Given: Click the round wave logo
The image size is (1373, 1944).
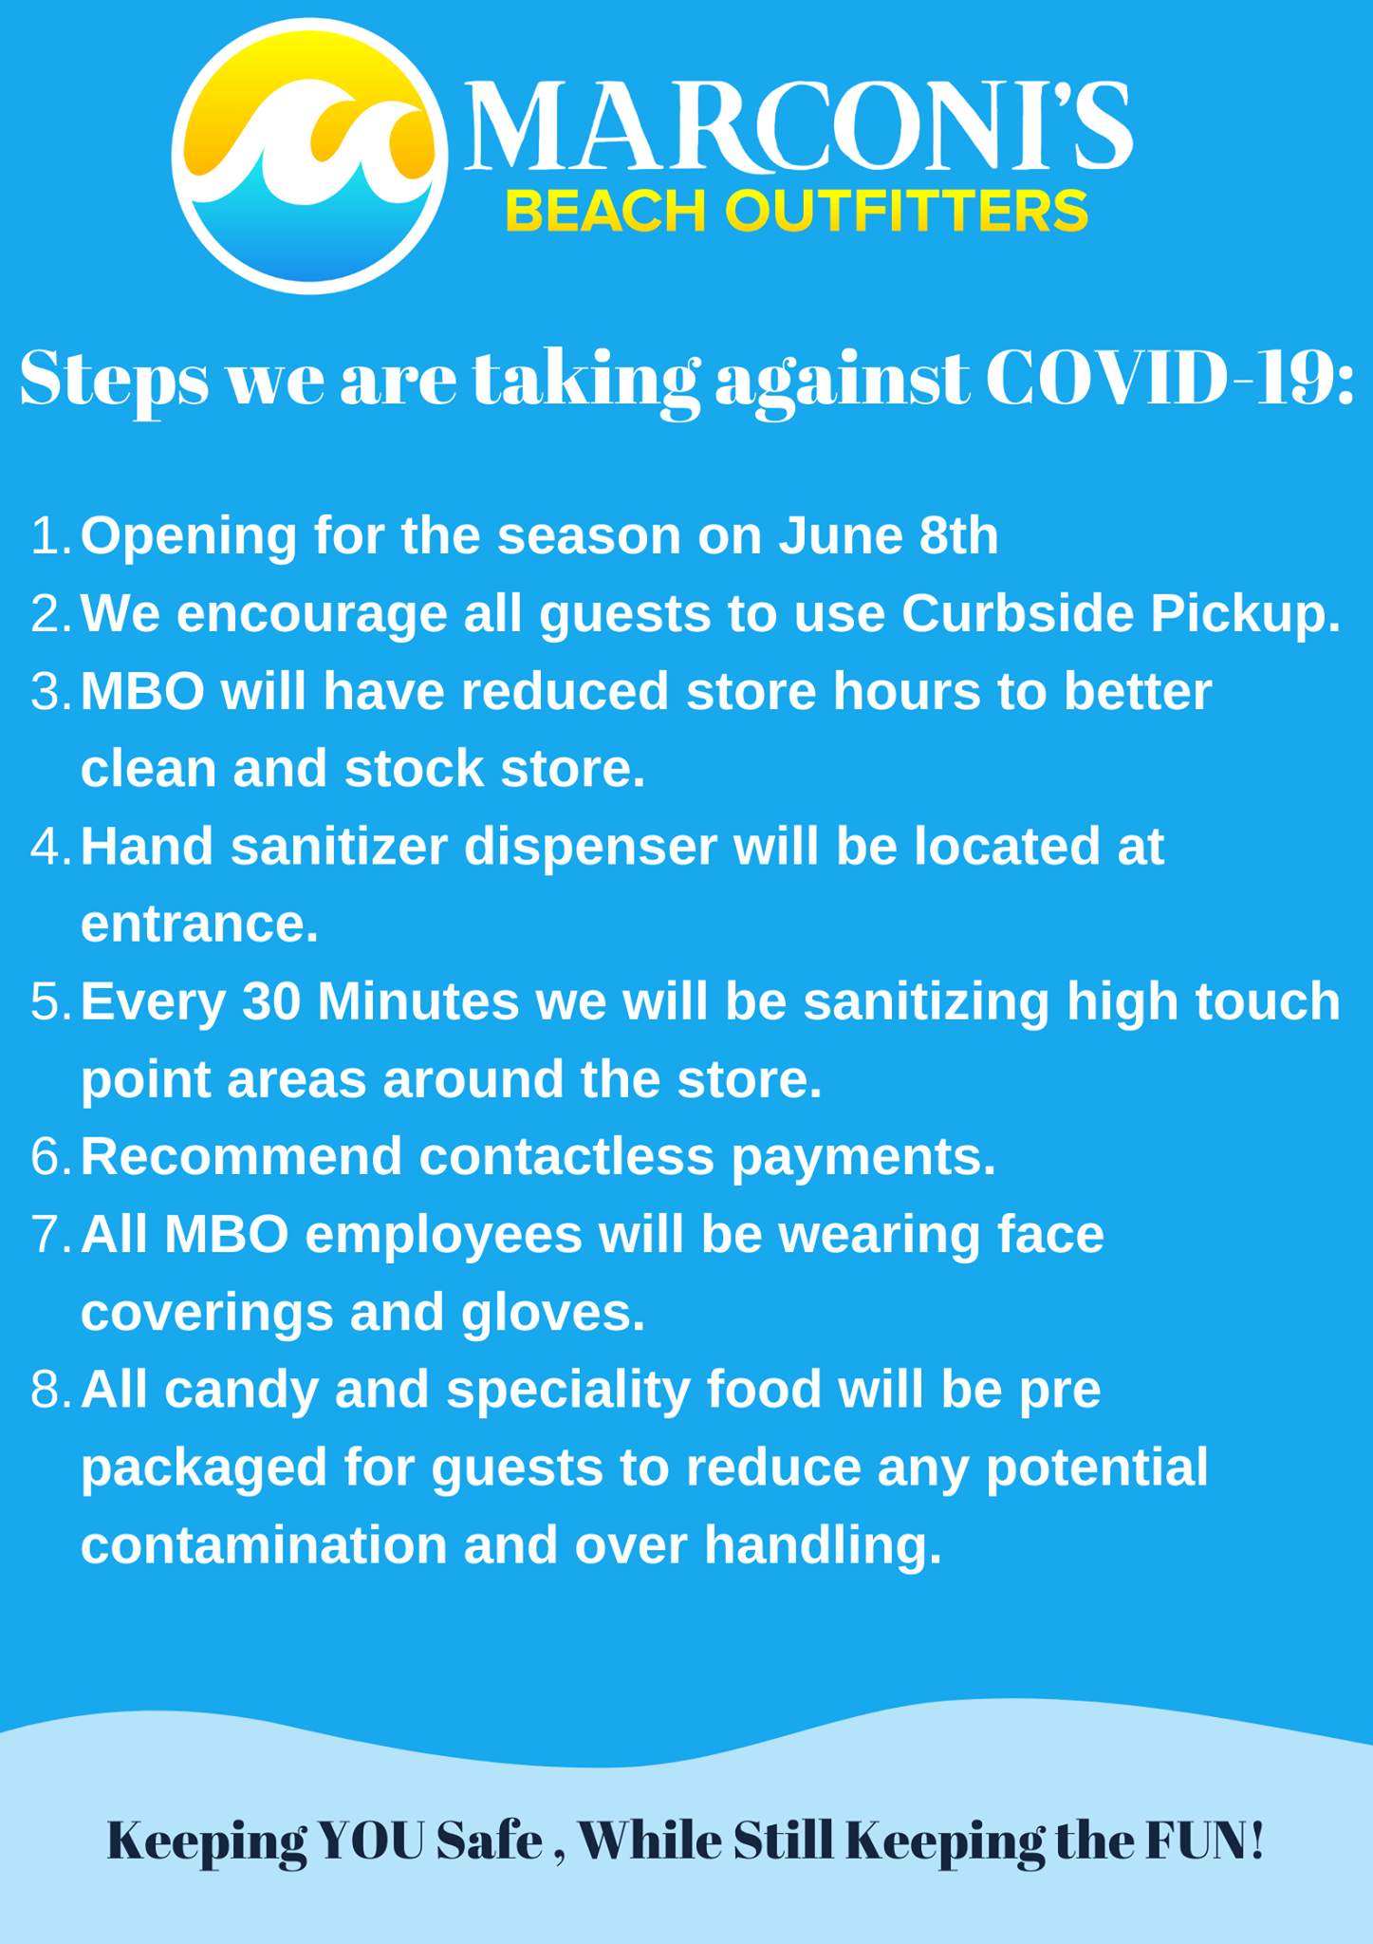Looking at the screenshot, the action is [309, 156].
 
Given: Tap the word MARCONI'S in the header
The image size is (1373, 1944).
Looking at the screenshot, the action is [799, 127].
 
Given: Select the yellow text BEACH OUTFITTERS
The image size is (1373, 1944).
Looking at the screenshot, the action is [797, 211].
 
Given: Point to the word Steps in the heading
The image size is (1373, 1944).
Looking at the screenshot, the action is [114, 382].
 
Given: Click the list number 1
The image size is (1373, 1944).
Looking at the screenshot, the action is [51, 535].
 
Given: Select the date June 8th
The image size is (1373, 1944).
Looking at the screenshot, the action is [889, 535].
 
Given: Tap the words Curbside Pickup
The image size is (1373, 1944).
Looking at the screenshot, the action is [1122, 614].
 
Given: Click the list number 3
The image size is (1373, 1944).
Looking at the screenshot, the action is [51, 691].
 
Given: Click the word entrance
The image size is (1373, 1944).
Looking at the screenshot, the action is [199, 924].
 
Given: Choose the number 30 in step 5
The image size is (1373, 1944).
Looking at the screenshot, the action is [271, 1001].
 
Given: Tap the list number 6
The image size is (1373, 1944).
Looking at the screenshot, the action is [51, 1157].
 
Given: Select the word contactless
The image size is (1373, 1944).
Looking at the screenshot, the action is [566, 1157].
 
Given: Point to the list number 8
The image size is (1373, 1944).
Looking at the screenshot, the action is [51, 1390].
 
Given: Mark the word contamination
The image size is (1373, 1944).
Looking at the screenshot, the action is [264, 1545].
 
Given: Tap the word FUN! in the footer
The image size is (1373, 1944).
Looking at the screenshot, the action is [1205, 1841].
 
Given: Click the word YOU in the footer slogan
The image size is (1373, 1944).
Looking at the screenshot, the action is [371, 1841].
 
